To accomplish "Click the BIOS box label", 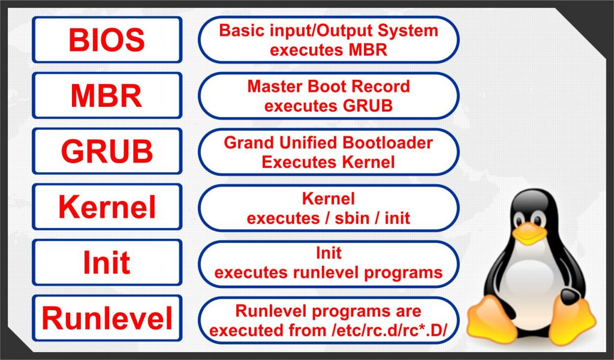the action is (107, 40).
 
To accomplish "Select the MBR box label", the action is (107, 95).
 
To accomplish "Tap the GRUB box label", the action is (107, 151).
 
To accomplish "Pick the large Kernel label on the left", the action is (107, 207).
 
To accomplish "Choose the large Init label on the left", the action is (107, 262).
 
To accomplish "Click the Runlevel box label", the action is (107, 318).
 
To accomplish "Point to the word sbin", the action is (351, 218).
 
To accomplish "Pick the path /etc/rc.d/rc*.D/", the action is (389, 330).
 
